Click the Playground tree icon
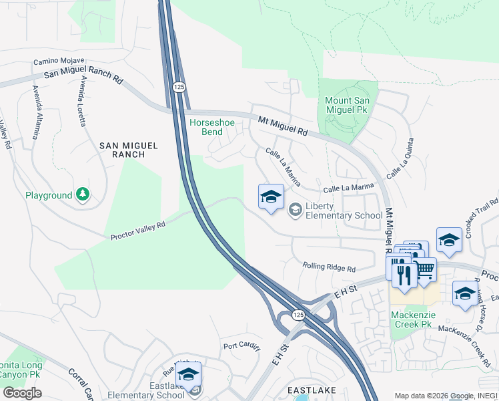tap(83, 194)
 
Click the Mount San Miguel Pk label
tap(351, 106)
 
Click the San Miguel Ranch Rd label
tap(83, 78)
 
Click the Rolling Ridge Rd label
tap(329, 267)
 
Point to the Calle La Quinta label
tap(404, 161)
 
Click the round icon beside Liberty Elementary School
tap(294, 211)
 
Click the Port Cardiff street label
tap(240, 346)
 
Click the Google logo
tap(22, 392)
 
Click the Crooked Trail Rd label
tap(482, 216)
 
